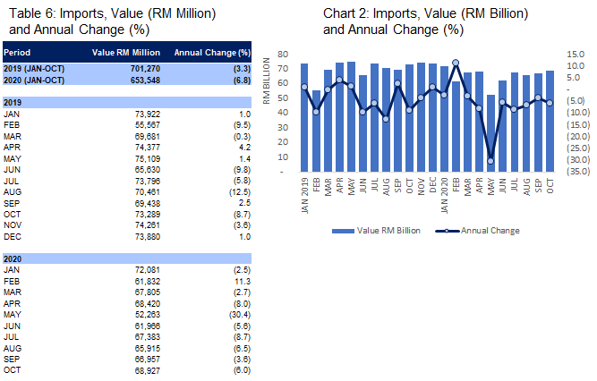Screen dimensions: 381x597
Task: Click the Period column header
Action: tap(20, 53)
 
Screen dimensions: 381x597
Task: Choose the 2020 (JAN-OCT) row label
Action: tap(35, 80)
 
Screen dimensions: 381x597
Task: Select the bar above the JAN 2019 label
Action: tap(304, 116)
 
